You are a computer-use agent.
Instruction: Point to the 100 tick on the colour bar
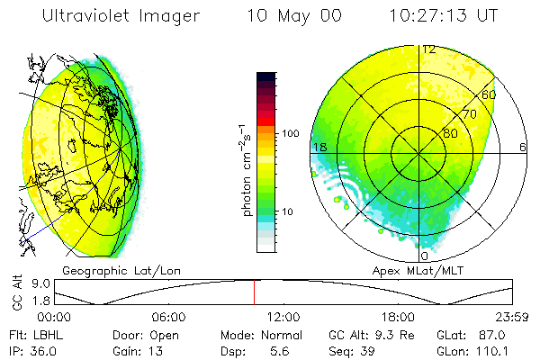tap(291, 133)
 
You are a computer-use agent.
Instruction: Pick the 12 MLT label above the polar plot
tap(429, 49)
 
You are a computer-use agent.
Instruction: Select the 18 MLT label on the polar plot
tap(318, 147)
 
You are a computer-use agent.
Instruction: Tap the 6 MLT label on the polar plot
tap(523, 147)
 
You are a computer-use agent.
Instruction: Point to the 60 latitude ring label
tap(489, 94)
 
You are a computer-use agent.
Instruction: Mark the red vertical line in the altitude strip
tap(254, 291)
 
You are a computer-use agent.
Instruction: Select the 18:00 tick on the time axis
tap(398, 318)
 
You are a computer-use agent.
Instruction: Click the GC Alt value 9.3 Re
tap(391, 334)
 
